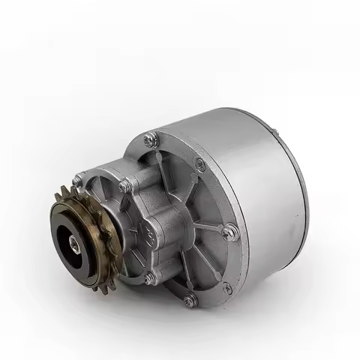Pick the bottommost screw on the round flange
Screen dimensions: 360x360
[190, 300]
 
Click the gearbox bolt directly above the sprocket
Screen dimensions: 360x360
[80, 180]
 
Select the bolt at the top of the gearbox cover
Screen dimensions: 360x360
[124, 185]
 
